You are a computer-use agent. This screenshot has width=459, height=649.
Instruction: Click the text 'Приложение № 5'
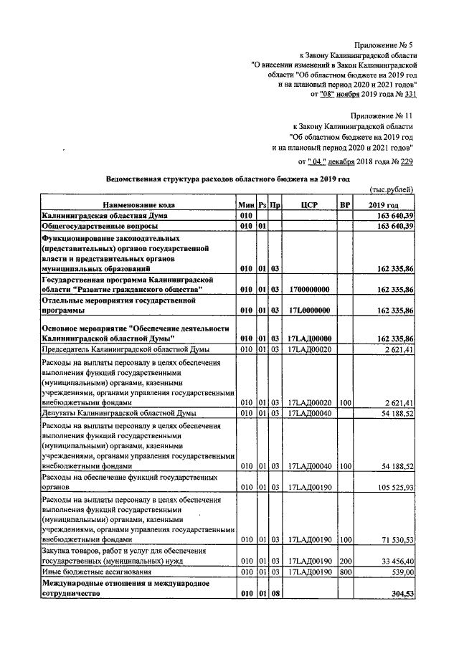385,44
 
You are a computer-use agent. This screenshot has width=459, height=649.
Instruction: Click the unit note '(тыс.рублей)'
392,189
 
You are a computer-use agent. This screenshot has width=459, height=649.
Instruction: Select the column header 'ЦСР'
309,205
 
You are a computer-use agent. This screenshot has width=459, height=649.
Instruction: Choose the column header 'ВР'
345,205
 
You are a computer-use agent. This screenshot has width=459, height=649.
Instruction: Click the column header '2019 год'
387,205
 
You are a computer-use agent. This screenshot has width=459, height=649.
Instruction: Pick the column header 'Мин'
246,205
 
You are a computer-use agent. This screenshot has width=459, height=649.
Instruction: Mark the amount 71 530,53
394,538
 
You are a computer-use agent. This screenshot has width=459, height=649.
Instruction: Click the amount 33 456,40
394,560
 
